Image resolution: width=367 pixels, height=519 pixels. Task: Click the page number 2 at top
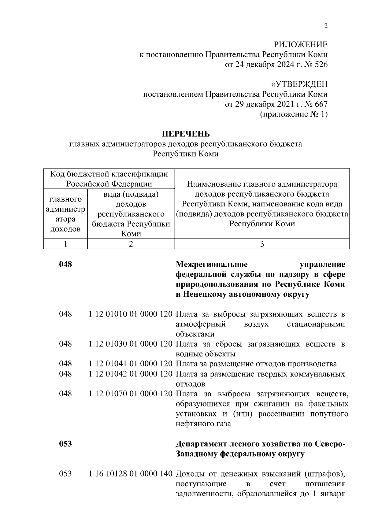tap(326, 26)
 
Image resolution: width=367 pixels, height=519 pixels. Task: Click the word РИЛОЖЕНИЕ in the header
tap(300, 45)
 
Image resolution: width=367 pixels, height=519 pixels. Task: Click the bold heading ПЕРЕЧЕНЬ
tap(186, 134)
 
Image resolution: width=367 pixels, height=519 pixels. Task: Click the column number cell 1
tap(65, 244)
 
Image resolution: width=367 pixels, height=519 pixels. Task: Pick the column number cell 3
tap(262, 244)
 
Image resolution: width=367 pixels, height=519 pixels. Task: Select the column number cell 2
tap(131, 244)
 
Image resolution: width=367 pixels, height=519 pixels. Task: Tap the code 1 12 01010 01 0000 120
tap(131, 314)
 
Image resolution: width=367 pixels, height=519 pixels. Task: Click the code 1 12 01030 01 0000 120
tap(131, 344)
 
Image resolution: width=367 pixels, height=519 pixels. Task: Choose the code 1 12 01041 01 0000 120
tap(131, 364)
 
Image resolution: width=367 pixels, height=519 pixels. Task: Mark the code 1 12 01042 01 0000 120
tap(131, 374)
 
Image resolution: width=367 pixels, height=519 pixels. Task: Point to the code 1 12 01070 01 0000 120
tap(131, 394)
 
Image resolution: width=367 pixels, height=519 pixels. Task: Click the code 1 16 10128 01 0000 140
tap(131, 474)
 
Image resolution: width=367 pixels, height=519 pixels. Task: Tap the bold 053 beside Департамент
tap(65, 444)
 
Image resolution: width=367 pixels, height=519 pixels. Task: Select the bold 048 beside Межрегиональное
tap(65, 264)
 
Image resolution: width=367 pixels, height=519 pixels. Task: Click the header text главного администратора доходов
tap(65, 214)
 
